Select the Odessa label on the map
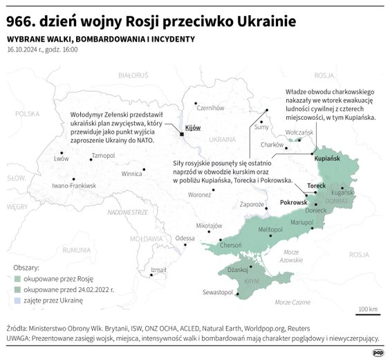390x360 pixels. point(185,238)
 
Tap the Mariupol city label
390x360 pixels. point(302,222)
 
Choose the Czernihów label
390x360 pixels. point(211,108)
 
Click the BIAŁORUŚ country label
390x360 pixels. point(133,73)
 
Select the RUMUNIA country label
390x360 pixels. point(75,249)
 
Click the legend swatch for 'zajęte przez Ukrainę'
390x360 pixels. point(17,301)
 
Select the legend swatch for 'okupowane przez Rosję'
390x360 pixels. point(17,278)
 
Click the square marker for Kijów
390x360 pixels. point(181,134)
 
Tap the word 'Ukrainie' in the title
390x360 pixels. point(259,22)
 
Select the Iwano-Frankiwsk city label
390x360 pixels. point(74,186)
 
